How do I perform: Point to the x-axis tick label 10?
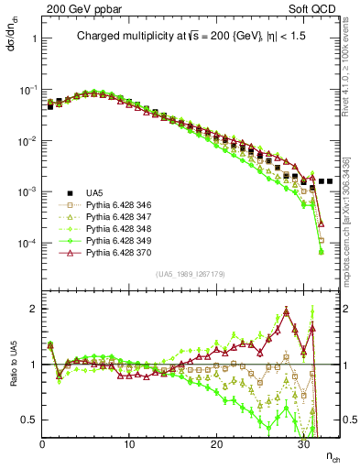point(129,444)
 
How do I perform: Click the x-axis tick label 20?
point(216,444)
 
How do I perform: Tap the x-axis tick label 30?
point(303,444)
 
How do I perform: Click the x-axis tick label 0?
point(42,444)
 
